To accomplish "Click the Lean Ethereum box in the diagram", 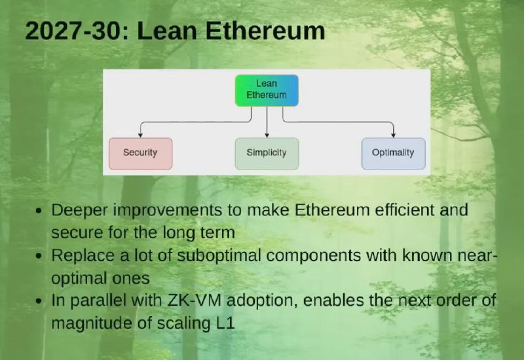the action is (x=267, y=90).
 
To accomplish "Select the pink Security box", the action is (x=141, y=154).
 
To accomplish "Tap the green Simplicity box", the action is (x=267, y=154).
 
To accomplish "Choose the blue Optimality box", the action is (x=394, y=154).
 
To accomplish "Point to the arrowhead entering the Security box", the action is (x=140, y=135).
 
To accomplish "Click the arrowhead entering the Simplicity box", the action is (x=267, y=135).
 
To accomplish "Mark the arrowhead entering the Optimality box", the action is (x=394, y=135).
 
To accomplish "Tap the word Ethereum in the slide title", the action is (x=265, y=31).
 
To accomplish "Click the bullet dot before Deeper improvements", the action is (x=39, y=211).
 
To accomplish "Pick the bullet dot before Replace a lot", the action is (x=39, y=257).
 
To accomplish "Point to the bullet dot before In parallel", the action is (x=39, y=301).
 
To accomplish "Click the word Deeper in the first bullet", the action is (x=79, y=211).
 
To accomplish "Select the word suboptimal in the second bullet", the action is (x=219, y=256).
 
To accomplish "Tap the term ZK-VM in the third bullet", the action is (x=194, y=300).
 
